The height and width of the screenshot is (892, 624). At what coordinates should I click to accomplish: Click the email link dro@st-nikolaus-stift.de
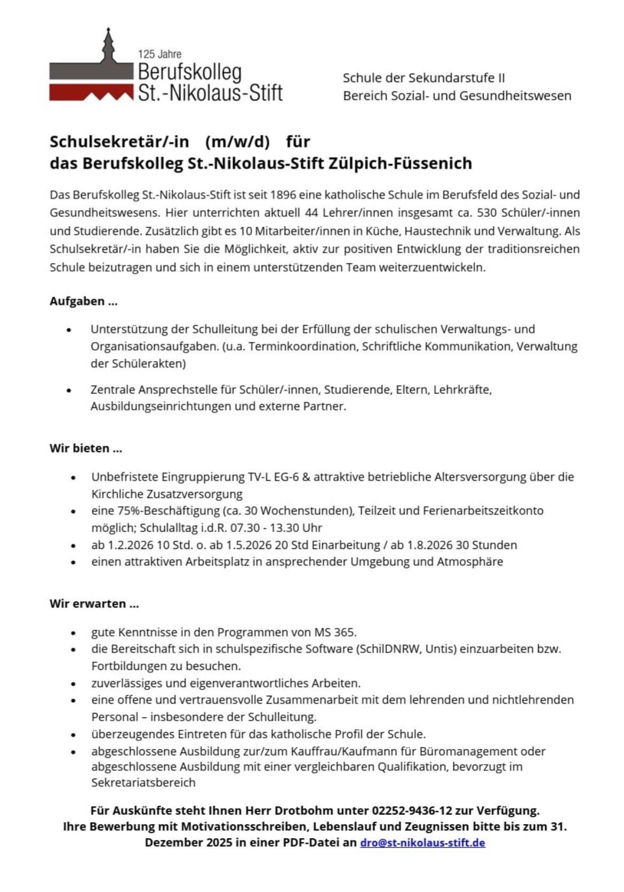coord(422,843)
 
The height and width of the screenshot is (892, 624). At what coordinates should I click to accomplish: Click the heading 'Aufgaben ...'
coord(84,301)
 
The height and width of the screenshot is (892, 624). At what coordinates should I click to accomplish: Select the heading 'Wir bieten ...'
coord(86,448)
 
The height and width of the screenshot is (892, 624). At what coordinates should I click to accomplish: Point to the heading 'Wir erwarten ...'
coord(94,604)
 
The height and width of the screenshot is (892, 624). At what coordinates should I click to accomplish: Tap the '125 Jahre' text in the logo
coord(159,54)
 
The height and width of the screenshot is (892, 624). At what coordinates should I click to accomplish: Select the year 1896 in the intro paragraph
coord(283,195)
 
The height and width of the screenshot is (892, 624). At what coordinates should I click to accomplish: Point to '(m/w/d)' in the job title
coord(238,142)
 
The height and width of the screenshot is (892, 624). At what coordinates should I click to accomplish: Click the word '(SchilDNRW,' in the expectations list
coord(390,649)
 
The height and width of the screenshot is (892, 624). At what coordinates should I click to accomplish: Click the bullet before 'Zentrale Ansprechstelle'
coord(69,391)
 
